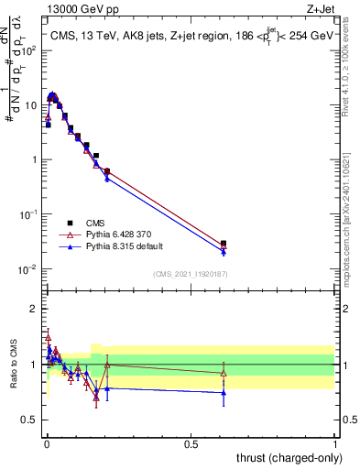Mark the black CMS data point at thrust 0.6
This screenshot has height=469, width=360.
coord(224,244)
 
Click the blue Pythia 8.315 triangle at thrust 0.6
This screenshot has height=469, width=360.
coord(224,252)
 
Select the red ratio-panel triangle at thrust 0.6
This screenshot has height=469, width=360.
coord(224,373)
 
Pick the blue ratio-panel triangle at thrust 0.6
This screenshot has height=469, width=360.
coord(224,393)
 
